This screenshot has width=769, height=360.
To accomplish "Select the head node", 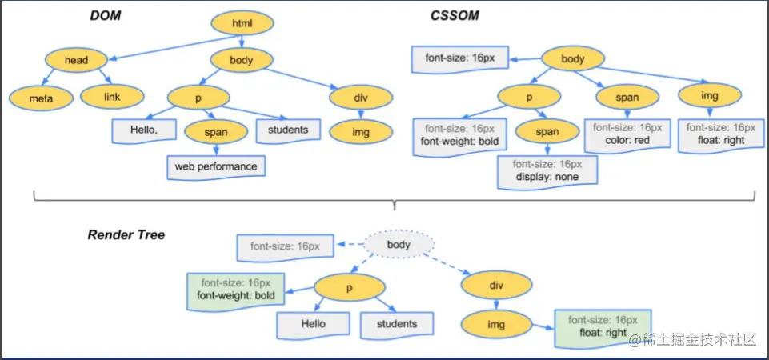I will point(76,59).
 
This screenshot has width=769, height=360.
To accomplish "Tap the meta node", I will point(41,98).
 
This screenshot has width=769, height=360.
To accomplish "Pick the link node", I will point(112,98).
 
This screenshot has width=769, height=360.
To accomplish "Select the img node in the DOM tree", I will point(361,131).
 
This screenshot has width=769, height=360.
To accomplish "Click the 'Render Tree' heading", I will point(126,235).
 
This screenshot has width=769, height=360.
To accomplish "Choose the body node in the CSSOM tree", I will point(573,59).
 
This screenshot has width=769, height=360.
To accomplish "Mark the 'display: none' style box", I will point(548,170).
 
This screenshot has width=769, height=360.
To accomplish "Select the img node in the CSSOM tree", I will point(710,97).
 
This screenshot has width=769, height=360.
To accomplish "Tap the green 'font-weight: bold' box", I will point(236,290).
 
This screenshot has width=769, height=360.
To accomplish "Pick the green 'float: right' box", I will point(603,326).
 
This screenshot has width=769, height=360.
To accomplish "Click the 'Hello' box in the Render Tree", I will point(313,324).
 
